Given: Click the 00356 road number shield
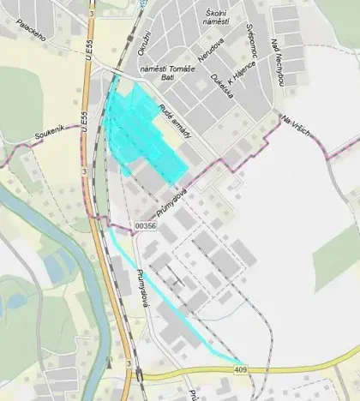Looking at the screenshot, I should (145, 224).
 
